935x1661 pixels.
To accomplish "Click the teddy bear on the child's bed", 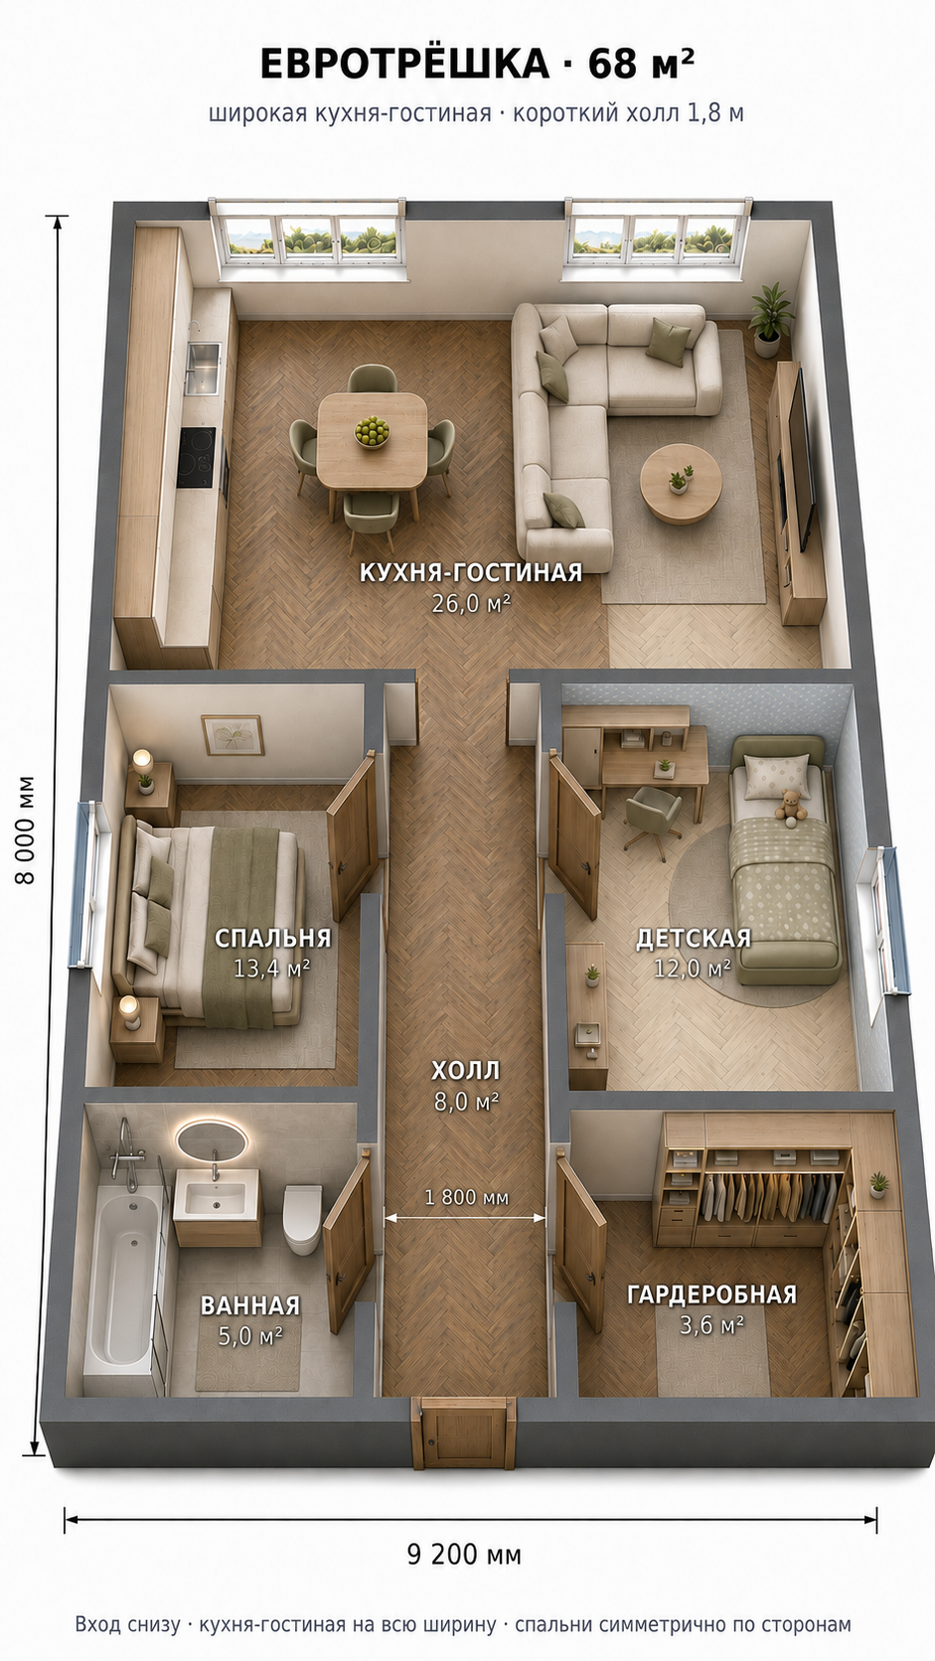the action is pos(791,806).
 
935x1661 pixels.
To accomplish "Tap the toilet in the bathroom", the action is pos(302,1218).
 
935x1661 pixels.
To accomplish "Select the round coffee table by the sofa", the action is pos(680,484).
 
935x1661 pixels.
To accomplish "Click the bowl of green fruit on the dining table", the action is pos(373,431).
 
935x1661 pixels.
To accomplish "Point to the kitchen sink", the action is pos(204,369).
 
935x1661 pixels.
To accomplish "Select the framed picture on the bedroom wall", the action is pos(232,735).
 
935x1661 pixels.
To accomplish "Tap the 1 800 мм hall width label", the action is pos(466,1197).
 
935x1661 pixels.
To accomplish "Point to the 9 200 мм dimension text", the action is pos(464,1555).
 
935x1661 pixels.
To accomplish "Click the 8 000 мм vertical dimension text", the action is pos(25,830).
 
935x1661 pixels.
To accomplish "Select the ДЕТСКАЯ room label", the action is pos(694,939).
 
